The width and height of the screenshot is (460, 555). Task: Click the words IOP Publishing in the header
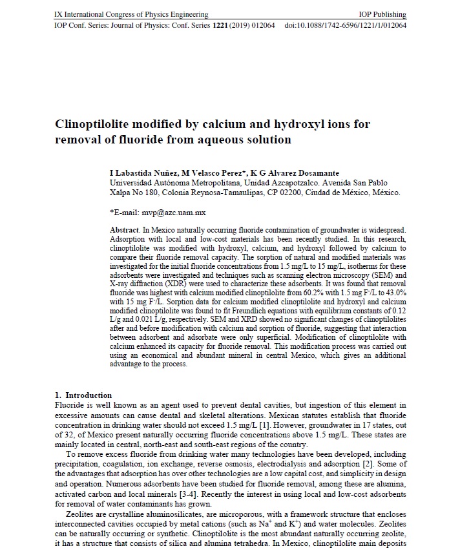pyautogui.click(x=382, y=14)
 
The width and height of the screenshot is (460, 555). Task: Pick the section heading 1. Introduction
pyautogui.click(x=83, y=395)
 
